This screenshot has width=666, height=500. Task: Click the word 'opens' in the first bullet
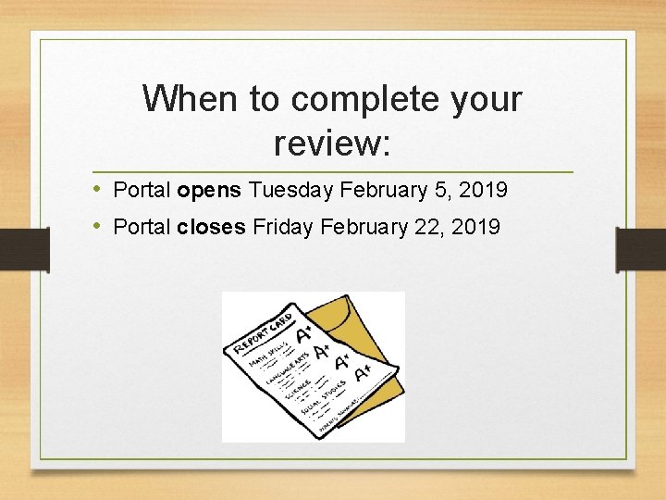[x=209, y=191]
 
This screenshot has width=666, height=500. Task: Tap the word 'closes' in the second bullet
[x=212, y=226]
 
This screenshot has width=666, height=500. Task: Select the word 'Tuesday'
[x=291, y=191]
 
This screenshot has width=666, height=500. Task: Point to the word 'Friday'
[x=283, y=226]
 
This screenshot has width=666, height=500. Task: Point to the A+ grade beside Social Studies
[x=363, y=369]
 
